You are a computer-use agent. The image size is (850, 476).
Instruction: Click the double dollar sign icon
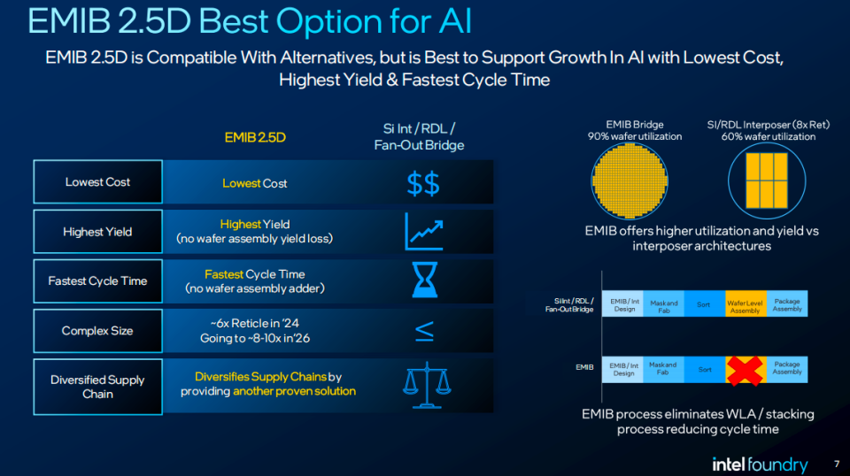(423, 183)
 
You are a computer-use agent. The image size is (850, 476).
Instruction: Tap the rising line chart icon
(424, 232)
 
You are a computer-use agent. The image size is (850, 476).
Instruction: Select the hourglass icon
(424, 280)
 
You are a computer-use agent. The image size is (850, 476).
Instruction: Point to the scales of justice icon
(427, 385)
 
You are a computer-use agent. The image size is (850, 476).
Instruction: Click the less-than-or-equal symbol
(424, 331)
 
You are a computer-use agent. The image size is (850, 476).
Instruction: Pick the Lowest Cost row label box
(97, 182)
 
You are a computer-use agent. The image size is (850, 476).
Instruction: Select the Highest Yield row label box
(97, 232)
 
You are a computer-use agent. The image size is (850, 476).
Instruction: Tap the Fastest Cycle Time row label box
(97, 281)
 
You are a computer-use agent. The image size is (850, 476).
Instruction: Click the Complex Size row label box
(97, 331)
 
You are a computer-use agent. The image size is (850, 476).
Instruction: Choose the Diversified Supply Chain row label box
(97, 387)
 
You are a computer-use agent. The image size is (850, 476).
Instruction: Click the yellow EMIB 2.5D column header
(255, 137)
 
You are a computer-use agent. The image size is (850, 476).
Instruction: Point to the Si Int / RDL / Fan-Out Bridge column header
(419, 137)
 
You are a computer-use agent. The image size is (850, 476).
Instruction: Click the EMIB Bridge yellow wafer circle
(630, 181)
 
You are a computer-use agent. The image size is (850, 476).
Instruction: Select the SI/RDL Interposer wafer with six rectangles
(767, 180)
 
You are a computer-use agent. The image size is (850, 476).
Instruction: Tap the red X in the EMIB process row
(745, 371)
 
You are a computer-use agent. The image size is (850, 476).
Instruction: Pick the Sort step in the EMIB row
(705, 369)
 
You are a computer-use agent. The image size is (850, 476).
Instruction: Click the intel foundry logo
(760, 464)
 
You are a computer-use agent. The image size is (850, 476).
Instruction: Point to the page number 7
(837, 464)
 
